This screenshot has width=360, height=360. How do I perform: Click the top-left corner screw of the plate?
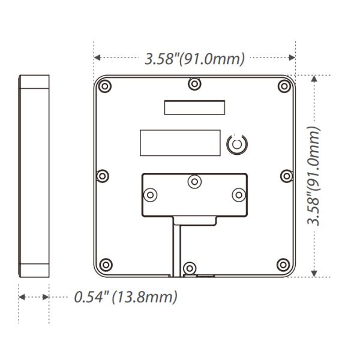click(x=104, y=86)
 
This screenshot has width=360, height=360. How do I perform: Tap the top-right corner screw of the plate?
click(x=284, y=86)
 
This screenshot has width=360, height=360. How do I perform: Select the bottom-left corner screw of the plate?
click(x=106, y=265)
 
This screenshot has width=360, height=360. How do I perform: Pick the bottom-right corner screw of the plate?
click(x=283, y=265)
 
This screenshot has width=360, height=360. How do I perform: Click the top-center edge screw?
click(x=194, y=84)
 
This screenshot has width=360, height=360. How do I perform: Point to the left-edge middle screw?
click(x=103, y=176)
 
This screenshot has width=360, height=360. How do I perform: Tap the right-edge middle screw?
click(x=287, y=176)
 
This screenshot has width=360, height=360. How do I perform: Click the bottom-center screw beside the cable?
click(x=190, y=268)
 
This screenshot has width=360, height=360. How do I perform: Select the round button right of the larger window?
click(x=237, y=144)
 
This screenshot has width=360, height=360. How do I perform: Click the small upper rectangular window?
click(x=194, y=107)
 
